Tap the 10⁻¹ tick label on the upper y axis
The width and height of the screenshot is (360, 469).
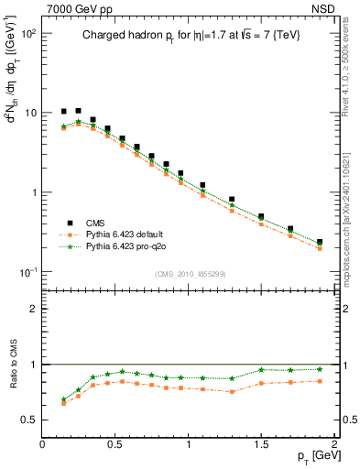pos(27,272)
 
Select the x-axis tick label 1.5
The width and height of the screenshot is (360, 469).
pos(261,443)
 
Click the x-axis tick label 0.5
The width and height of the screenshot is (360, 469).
pos(115,443)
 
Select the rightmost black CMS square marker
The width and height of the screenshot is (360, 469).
pos(320,243)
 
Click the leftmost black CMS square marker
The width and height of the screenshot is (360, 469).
pos(64,112)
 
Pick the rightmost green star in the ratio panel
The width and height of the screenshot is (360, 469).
pos(320,369)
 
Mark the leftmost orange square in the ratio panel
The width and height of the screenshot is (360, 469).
pos(64,403)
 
